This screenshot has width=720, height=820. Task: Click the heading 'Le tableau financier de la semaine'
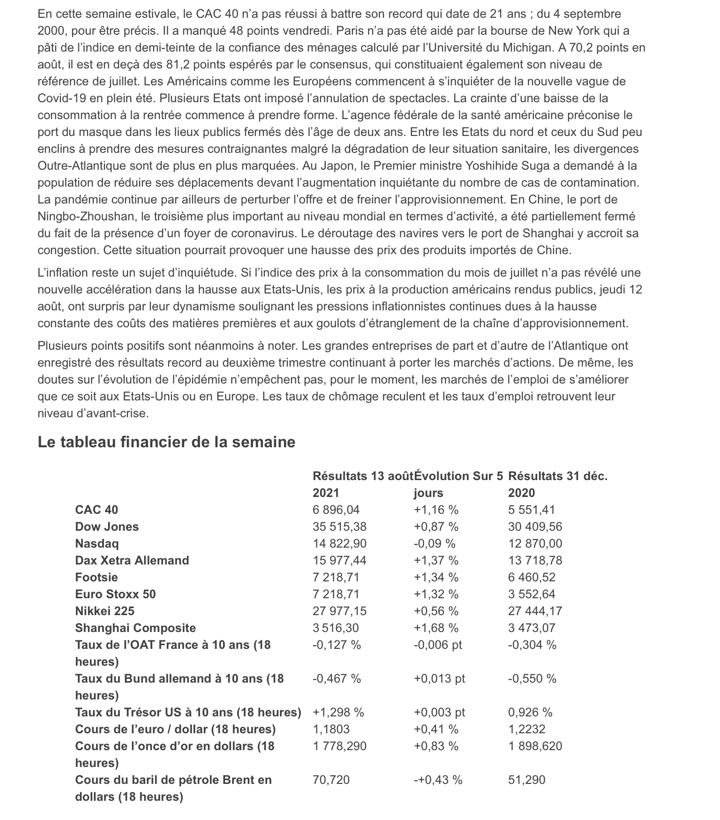pyautogui.click(x=166, y=442)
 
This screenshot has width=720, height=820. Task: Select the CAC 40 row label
pyautogui.click(x=97, y=510)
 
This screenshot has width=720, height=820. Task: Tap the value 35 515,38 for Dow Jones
pyautogui.click(x=339, y=527)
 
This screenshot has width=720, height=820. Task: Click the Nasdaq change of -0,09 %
pyautogui.click(x=435, y=543)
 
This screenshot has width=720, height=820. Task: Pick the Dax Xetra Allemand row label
pyautogui.click(x=132, y=560)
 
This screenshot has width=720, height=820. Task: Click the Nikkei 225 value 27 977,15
pyautogui.click(x=339, y=611)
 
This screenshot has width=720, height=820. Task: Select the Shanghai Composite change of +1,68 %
pyautogui.click(x=436, y=628)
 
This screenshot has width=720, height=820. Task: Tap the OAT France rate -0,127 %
pyautogui.click(x=337, y=645)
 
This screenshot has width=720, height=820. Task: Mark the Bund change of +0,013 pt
pyautogui.click(x=439, y=678)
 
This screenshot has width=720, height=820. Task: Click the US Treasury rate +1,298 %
pyautogui.click(x=338, y=712)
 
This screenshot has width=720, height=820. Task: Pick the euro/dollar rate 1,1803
pyautogui.click(x=331, y=729)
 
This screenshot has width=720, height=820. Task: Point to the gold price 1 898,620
pyautogui.click(x=535, y=746)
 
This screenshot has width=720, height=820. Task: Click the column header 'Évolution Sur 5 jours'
pyautogui.click(x=458, y=484)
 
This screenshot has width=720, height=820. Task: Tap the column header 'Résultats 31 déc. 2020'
pyautogui.click(x=558, y=484)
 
